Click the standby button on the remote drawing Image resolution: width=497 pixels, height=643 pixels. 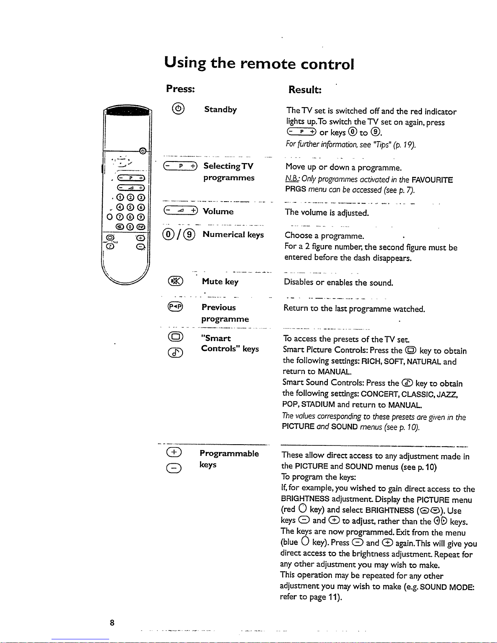(x=142, y=152)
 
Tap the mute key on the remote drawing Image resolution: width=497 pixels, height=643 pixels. (x=120, y=226)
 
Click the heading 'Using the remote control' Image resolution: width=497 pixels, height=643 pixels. (x=259, y=63)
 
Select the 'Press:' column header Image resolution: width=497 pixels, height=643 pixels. (x=181, y=88)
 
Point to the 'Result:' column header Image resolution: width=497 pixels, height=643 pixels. (x=305, y=89)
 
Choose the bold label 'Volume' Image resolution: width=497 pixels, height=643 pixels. (x=218, y=211)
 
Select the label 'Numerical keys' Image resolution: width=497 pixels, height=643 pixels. (x=233, y=234)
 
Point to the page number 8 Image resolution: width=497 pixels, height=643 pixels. (x=112, y=623)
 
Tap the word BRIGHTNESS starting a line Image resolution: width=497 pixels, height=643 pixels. (x=305, y=499)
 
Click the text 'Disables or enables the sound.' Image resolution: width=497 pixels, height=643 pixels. (x=339, y=282)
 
